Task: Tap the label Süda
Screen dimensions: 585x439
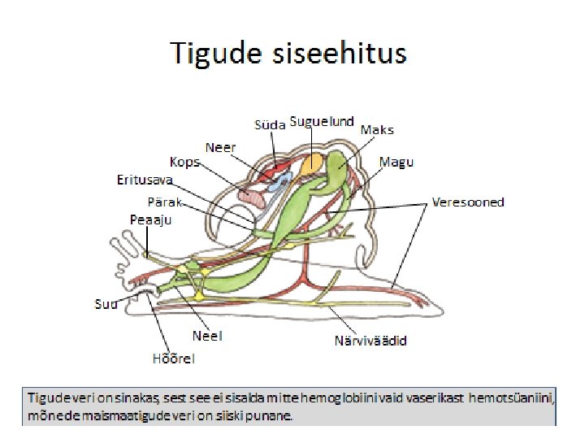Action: coord(270,124)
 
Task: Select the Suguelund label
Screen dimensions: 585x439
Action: coord(323,122)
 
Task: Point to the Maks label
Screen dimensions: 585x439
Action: coord(377,130)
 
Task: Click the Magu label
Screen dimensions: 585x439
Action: coord(396,163)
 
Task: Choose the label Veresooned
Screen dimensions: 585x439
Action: coord(468,202)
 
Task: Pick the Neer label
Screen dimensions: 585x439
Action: coord(220,148)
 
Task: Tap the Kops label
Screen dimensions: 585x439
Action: coord(186,162)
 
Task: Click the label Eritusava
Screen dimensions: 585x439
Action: coord(145,180)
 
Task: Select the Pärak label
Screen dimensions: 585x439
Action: coord(165,201)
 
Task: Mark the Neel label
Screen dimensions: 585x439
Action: coord(207,335)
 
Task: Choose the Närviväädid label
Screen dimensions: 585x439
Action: coord(370,340)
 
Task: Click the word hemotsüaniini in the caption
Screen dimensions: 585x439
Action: coord(515,398)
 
